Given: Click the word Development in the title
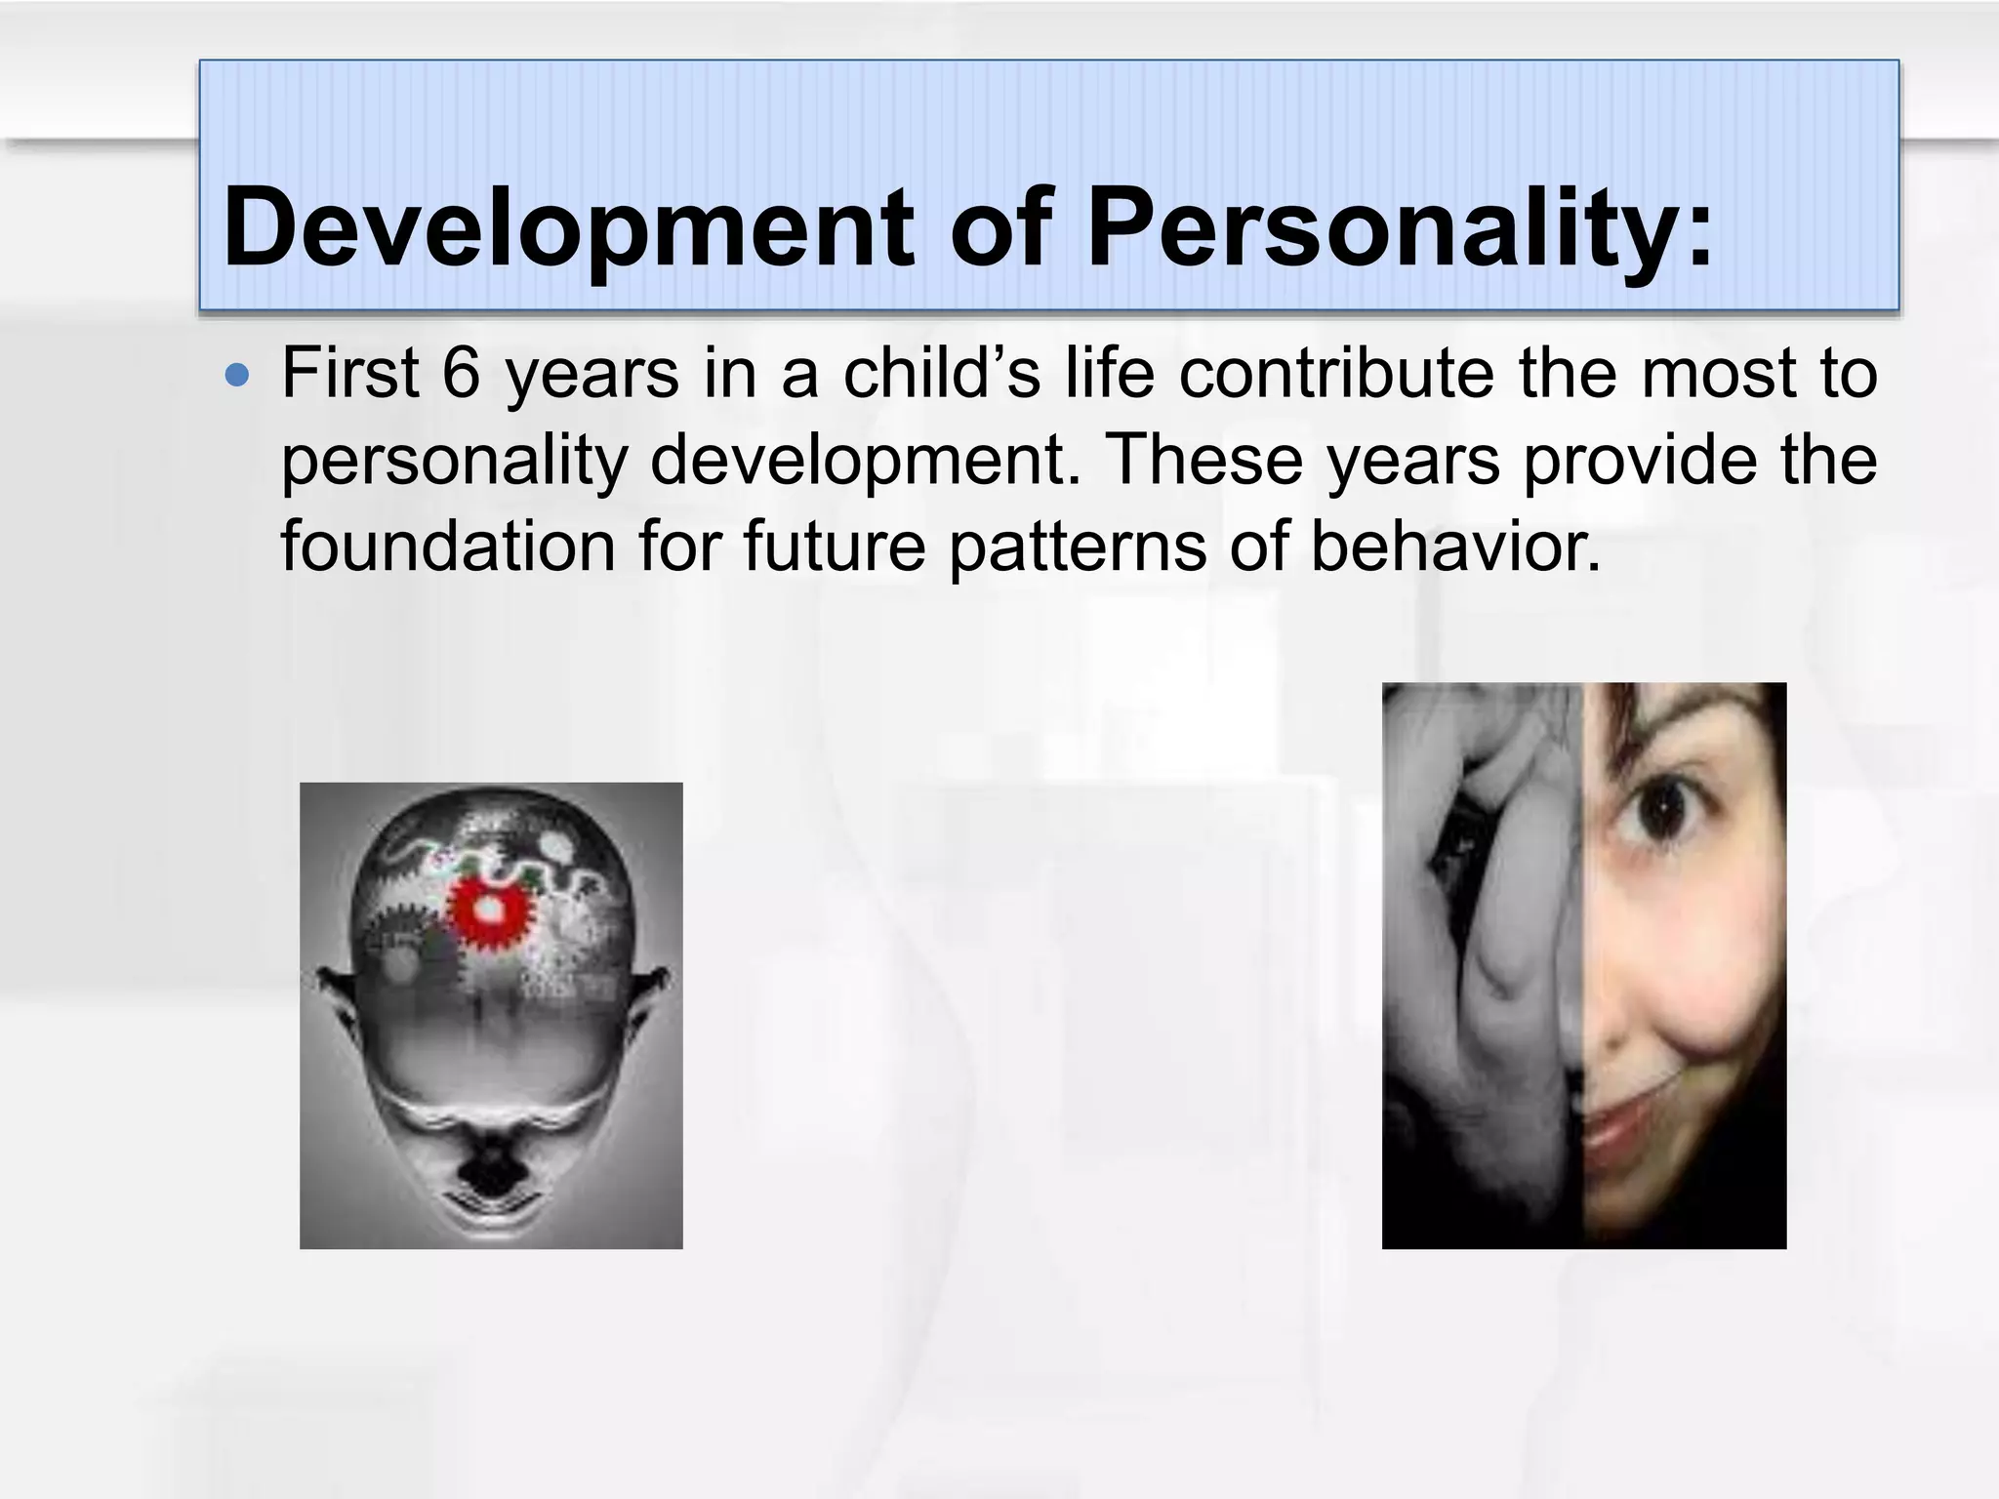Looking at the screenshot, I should [567, 228].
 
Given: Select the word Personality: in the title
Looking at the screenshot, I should [1399, 228].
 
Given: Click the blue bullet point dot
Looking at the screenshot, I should [236, 376].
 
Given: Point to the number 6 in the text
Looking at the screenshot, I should [461, 374].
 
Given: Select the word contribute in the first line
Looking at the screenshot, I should [1336, 374].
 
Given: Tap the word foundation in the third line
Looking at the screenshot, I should [448, 546].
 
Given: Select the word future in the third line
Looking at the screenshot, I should [835, 546].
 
